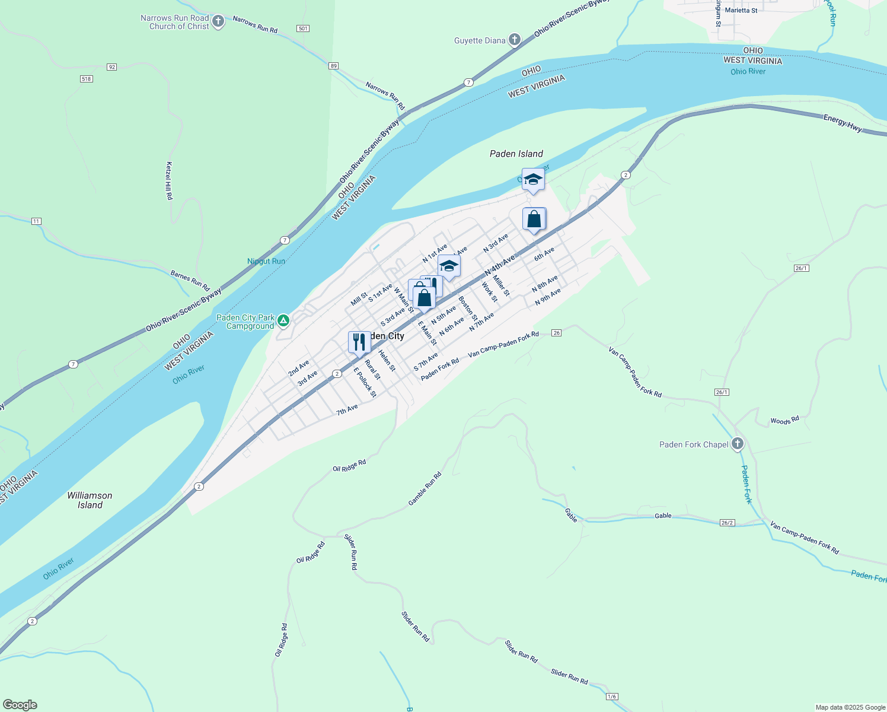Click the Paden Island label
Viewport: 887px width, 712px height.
516,154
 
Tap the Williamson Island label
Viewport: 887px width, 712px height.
90,500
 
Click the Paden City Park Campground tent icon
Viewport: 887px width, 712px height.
283,321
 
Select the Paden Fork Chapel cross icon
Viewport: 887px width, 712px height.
738,444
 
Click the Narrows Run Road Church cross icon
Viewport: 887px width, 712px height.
218,22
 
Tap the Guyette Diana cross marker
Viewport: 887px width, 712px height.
515,40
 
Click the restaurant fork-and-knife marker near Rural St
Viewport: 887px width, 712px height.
359,342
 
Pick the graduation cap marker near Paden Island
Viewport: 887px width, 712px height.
533,180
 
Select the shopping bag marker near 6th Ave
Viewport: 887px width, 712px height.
534,220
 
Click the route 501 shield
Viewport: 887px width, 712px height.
303,28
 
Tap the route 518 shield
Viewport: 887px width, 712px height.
87,79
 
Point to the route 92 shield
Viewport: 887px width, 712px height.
111,67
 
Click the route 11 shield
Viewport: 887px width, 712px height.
36,221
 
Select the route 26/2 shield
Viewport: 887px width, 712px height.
728,523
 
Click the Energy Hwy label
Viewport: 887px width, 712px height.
843,123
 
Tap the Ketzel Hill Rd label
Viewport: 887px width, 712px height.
169,180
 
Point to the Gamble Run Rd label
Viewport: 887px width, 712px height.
425,489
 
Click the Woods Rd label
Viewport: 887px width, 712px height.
784,421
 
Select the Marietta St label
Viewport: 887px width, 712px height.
741,11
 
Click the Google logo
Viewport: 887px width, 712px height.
20,705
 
